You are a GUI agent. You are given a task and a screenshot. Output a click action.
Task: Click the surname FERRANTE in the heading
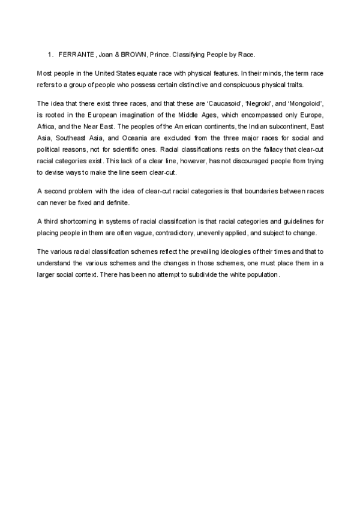click(75, 55)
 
